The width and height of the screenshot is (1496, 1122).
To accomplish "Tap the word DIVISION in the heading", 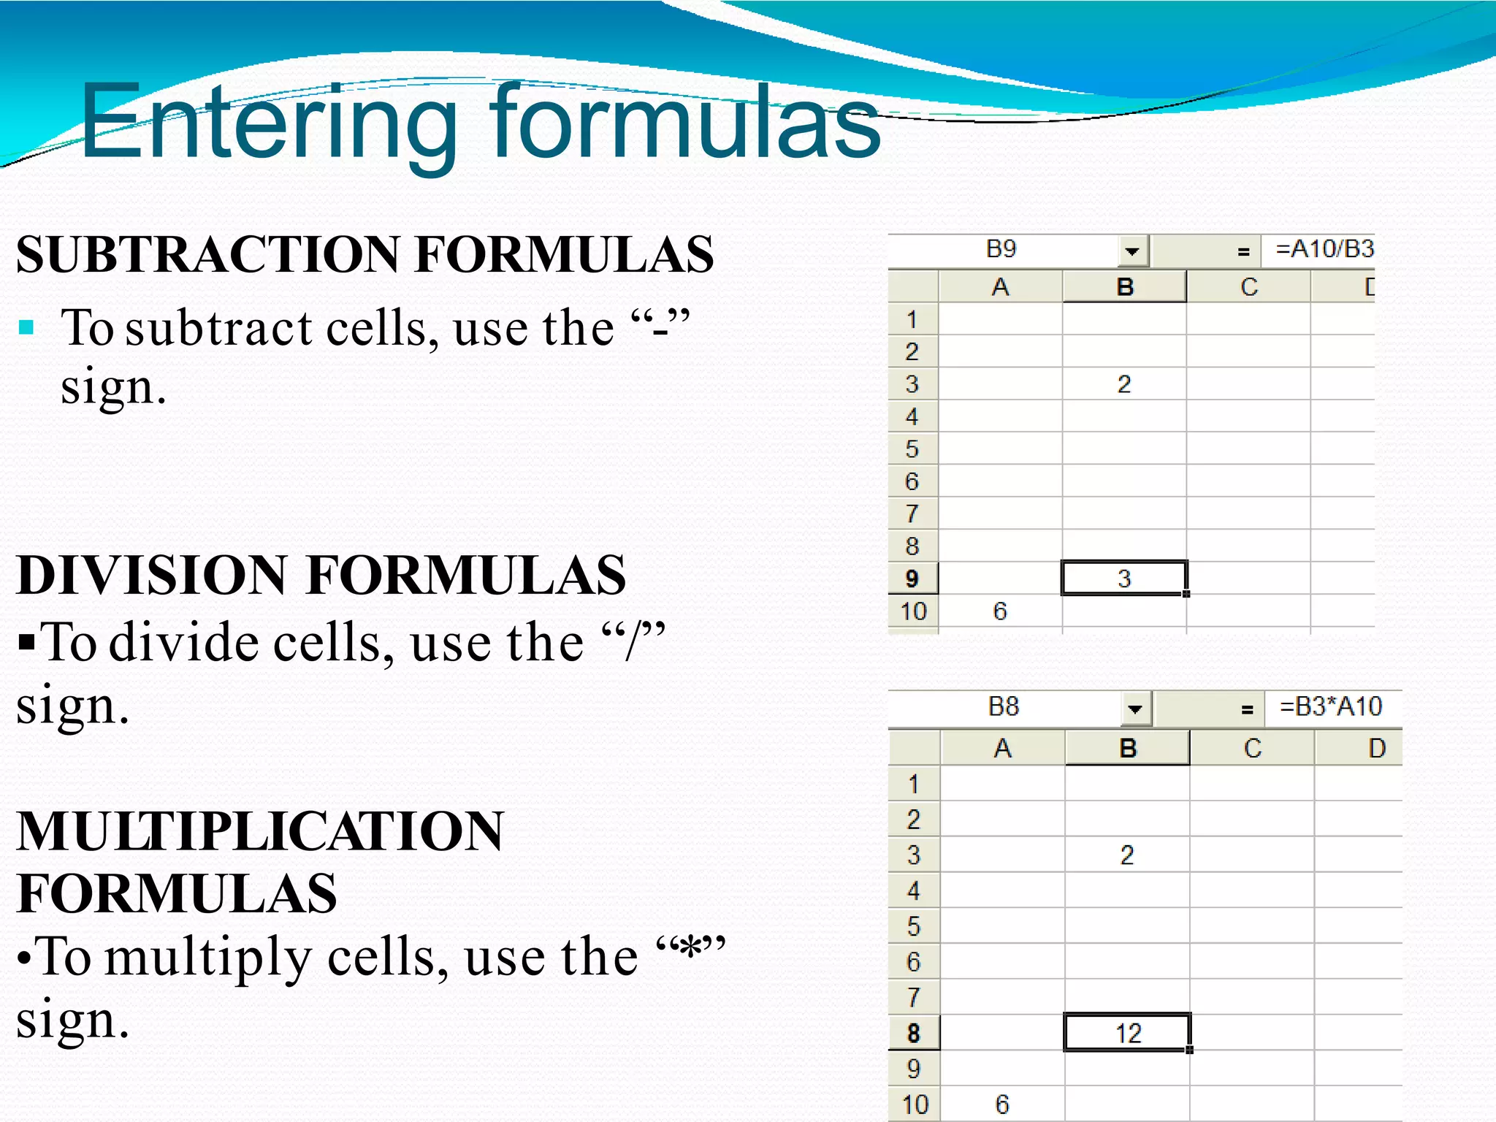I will (152, 575).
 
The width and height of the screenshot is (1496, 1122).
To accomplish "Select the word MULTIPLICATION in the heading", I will (259, 832).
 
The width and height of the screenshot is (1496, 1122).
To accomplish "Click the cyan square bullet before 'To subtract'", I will (27, 327).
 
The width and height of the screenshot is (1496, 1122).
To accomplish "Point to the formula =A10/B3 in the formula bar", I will (1324, 250).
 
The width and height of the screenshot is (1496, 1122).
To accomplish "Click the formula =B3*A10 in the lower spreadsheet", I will (1330, 707).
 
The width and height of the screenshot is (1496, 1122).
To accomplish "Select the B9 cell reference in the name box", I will (1001, 250).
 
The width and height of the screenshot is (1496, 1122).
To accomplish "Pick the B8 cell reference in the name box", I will (1003, 707).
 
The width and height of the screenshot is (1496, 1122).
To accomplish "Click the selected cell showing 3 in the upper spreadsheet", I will (1124, 579).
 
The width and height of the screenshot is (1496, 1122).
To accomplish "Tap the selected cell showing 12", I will (1127, 1033).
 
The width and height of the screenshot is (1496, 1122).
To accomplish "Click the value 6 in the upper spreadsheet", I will (1000, 611).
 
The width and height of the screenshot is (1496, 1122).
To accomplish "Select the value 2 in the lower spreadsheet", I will (1127, 855).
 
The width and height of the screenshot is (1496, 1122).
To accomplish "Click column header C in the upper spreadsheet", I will (1248, 287).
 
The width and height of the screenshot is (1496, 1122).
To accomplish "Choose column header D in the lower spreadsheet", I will (1376, 749).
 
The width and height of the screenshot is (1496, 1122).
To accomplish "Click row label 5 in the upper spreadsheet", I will (912, 449).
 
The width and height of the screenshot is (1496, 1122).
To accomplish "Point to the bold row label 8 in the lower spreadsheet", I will (913, 1034).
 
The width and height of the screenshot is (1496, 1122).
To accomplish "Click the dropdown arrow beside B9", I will (1132, 252).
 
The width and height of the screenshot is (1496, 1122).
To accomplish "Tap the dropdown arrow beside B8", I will (1134, 709).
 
